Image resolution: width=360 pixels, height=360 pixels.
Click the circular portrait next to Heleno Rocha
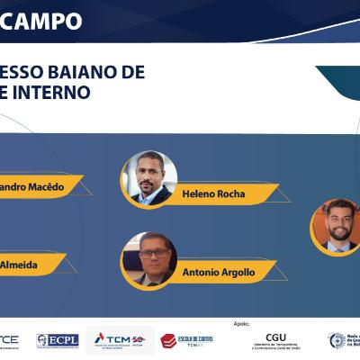149,176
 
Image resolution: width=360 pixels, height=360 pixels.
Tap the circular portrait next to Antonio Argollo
149,257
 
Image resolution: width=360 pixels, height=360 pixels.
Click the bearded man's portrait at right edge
338,225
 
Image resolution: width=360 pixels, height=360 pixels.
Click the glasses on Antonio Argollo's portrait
148,252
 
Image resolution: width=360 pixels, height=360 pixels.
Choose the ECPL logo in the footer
56,340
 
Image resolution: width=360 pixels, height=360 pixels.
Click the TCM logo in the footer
123,340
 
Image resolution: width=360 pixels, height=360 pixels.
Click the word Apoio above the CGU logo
240,322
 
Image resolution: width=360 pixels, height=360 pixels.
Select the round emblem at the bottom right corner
337,340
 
